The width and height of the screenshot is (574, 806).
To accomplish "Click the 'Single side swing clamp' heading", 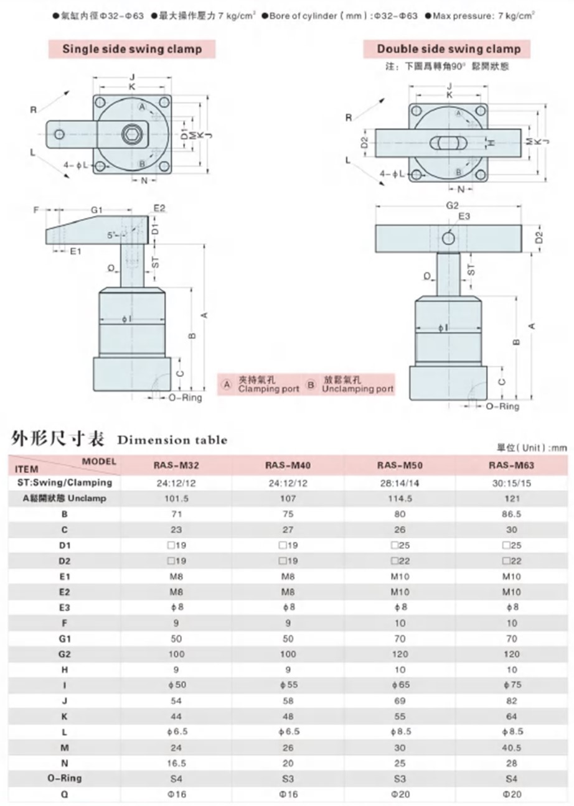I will tap(132, 49).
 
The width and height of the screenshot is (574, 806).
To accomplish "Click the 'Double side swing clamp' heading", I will tap(448, 49).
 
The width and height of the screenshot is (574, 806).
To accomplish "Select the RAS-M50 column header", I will tap(400, 465).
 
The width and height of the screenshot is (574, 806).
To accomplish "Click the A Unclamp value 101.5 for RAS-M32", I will tap(176, 498).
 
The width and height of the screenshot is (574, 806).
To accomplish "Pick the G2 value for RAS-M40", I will tap(288, 655).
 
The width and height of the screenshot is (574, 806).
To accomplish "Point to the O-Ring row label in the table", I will tap(64, 777).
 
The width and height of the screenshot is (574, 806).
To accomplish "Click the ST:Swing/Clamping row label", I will tap(64, 482).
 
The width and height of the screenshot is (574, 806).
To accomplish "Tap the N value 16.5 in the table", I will tap(176, 762).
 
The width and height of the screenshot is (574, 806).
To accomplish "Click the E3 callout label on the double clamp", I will tap(464, 216).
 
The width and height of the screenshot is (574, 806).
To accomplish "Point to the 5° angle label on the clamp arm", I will tap(111, 236).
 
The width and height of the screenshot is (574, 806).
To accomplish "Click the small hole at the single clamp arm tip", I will tap(59, 134).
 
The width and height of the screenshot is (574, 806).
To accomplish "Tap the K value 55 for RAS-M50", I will tap(400, 716).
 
